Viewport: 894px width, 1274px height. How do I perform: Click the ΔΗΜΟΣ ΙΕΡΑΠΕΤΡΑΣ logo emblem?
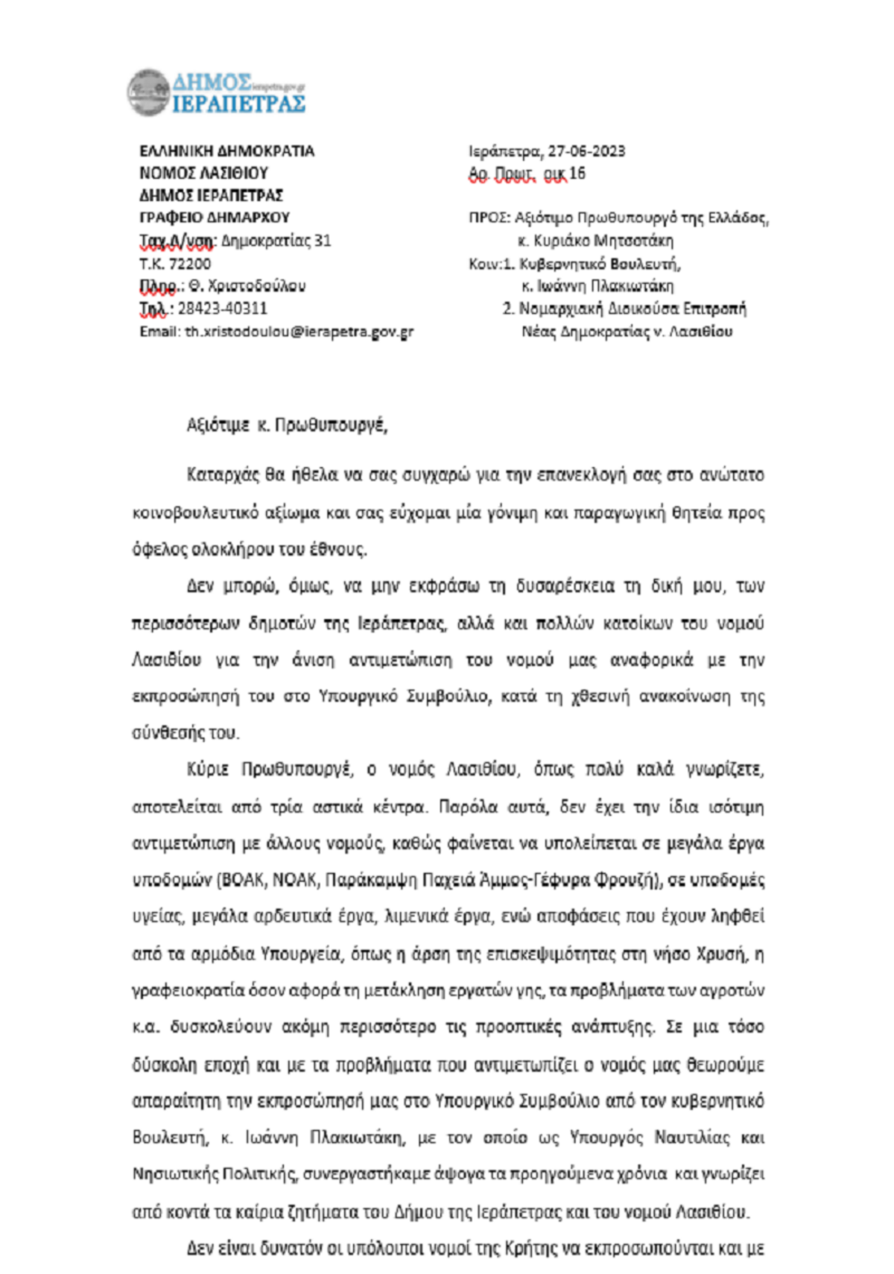pyautogui.click(x=148, y=93)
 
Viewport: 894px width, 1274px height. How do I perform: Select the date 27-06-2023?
pyautogui.click(x=586, y=151)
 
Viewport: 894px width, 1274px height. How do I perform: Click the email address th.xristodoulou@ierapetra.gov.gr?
pyautogui.click(x=299, y=332)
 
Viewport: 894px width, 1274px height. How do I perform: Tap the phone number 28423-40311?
pyautogui.click(x=222, y=308)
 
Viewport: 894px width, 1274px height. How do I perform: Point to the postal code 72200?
pyautogui.click(x=189, y=264)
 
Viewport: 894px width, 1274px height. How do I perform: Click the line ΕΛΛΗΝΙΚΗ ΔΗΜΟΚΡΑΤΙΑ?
pyautogui.click(x=226, y=151)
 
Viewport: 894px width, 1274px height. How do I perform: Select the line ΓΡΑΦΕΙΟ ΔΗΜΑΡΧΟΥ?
pyautogui.click(x=215, y=218)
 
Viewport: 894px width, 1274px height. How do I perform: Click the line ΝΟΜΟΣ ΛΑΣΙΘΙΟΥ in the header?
pyautogui.click(x=203, y=174)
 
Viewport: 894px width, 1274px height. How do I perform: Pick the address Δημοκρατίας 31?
pyautogui.click(x=276, y=241)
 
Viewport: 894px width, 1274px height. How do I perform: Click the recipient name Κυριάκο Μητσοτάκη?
pyautogui.click(x=603, y=241)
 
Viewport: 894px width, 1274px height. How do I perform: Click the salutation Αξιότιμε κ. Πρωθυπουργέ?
pyautogui.click(x=287, y=425)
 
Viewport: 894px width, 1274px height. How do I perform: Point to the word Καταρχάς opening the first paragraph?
pyautogui.click(x=221, y=475)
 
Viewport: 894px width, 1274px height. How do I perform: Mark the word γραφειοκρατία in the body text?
pyautogui.click(x=188, y=991)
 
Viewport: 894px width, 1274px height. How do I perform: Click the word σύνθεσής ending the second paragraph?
pyautogui.click(x=165, y=733)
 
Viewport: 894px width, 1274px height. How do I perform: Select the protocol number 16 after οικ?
pyautogui.click(x=577, y=174)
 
